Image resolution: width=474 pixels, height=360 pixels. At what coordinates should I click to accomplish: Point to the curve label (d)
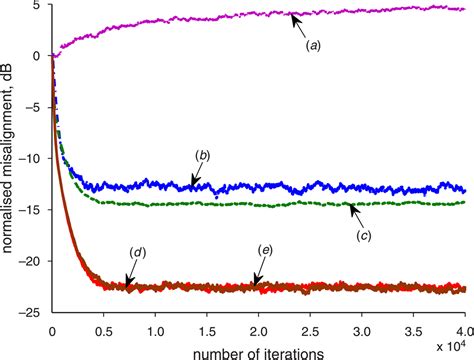point(138,251)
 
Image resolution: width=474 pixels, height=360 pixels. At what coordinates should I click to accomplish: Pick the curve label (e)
point(265,251)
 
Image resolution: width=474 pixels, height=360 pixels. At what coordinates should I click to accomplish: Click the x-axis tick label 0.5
point(103,328)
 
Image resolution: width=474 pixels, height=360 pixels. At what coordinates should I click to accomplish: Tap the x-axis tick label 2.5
point(310,328)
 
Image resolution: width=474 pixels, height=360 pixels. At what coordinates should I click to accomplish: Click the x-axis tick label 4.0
point(461,328)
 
